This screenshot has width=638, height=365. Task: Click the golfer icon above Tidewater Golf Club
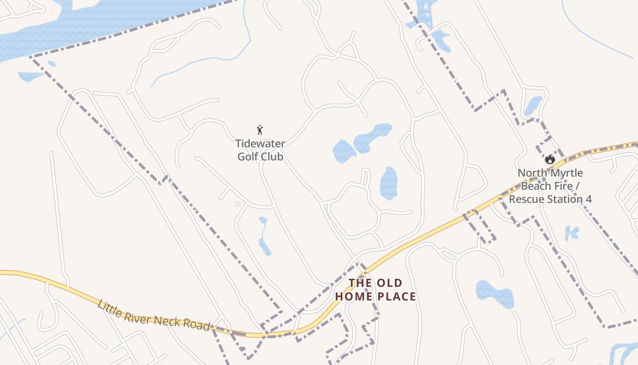(260, 130)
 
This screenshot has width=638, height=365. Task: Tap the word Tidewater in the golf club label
(260, 144)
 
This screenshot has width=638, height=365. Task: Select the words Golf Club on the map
(260, 157)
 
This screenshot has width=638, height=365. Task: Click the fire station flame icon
(550, 159)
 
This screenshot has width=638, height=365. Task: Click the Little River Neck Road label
(154, 315)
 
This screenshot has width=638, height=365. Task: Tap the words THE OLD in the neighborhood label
(376, 283)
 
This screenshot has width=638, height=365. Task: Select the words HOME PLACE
(376, 297)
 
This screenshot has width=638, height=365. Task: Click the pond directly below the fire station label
(571, 233)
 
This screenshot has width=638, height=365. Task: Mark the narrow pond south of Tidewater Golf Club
(264, 236)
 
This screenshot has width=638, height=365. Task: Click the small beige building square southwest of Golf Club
(237, 204)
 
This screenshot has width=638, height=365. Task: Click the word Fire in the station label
(569, 186)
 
